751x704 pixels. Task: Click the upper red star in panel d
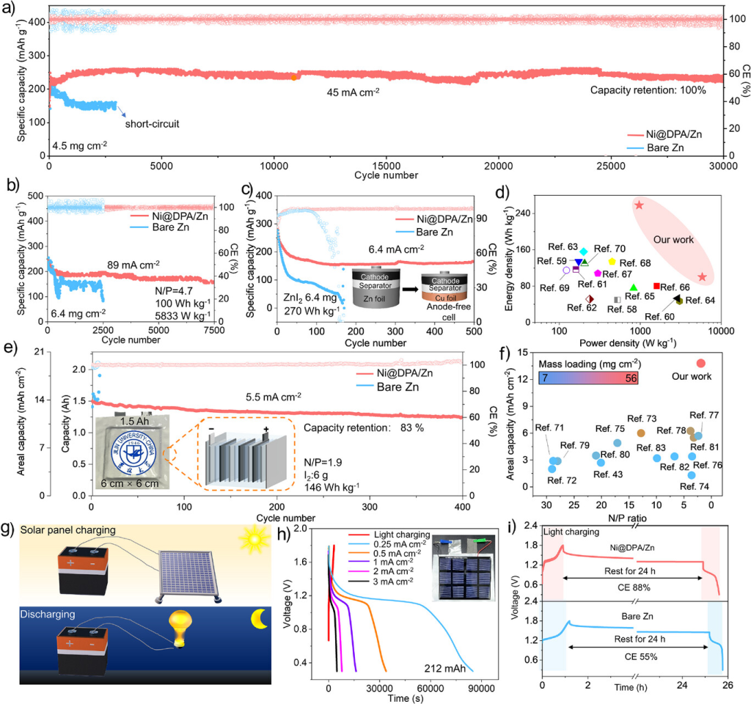pos(639,205)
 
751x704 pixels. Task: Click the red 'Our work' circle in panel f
pos(700,363)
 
